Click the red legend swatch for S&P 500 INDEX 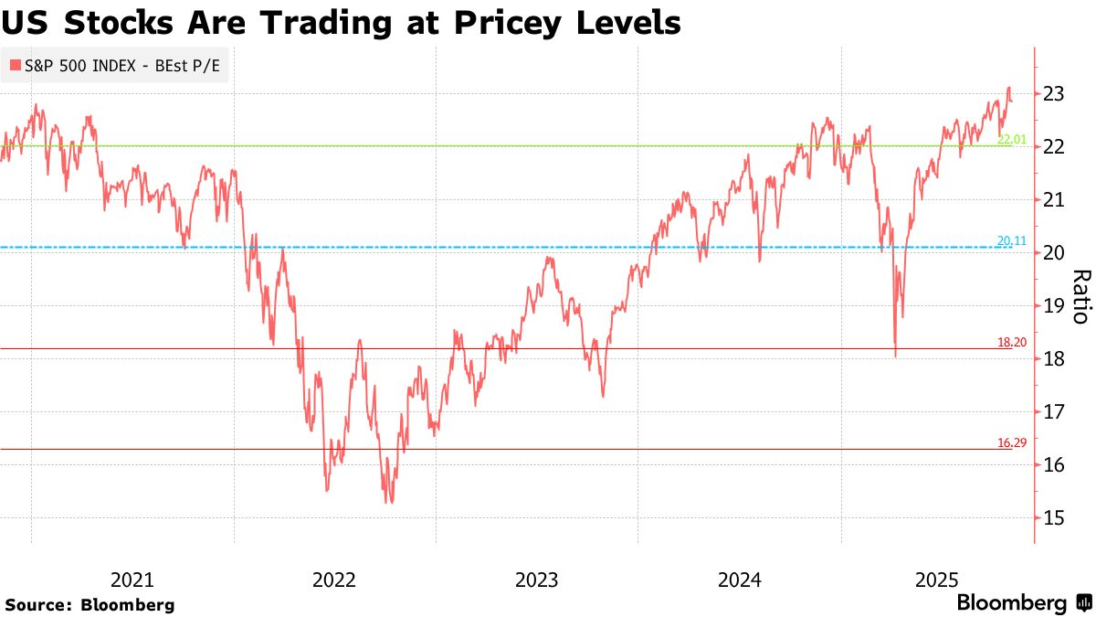tap(15, 66)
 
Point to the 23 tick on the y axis tap(1053, 93)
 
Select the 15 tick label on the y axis tap(1053, 518)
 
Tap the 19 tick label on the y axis tap(1053, 305)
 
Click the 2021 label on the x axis tap(132, 580)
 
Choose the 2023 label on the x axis tap(536, 580)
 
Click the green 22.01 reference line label tap(1013, 139)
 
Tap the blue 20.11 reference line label tap(1013, 241)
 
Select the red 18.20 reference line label tap(1013, 342)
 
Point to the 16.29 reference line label tap(1013, 442)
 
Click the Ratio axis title tap(1080, 297)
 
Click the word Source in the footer tap(37, 604)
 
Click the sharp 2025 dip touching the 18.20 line tap(895, 356)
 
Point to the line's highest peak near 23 tap(1008, 88)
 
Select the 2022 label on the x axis tap(333, 580)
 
